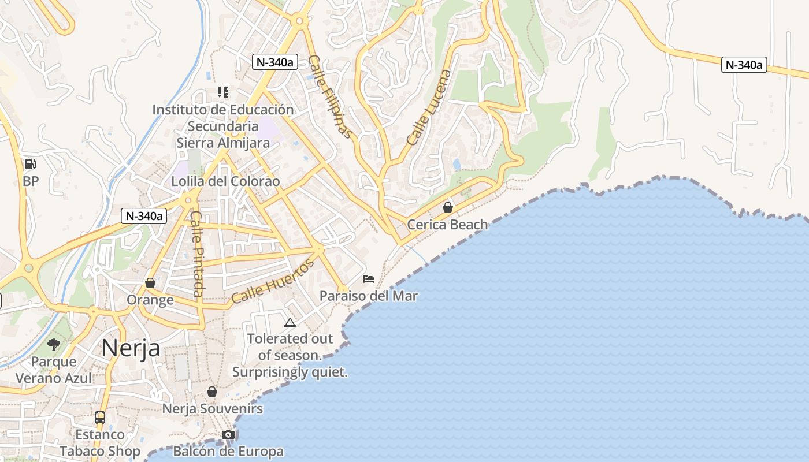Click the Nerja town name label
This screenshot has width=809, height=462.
tap(131, 348)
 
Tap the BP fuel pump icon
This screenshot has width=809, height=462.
tap(30, 164)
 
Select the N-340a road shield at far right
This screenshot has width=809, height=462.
tap(744, 65)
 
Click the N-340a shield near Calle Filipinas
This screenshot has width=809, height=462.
tap(274, 62)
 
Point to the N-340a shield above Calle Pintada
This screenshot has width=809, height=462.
tap(144, 216)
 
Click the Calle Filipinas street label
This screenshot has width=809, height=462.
tap(330, 96)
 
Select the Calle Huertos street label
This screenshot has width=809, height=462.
tap(273, 282)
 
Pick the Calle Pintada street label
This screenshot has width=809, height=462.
tap(196, 254)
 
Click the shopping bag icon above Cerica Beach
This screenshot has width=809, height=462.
tap(447, 207)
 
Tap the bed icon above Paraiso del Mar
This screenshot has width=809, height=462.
tap(368, 279)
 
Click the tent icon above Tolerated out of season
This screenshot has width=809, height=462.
tap(290, 322)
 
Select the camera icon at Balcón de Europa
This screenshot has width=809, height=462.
tap(228, 434)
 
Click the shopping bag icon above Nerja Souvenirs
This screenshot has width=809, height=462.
tap(212, 392)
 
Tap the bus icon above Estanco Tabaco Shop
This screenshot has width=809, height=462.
tap(100, 417)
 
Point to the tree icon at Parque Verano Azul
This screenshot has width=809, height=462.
tap(54, 345)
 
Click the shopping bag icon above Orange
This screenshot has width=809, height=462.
tap(150, 283)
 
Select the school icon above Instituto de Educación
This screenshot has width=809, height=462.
tap(223, 92)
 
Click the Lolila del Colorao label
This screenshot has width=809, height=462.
tap(225, 181)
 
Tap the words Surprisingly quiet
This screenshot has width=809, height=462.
tap(290, 372)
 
